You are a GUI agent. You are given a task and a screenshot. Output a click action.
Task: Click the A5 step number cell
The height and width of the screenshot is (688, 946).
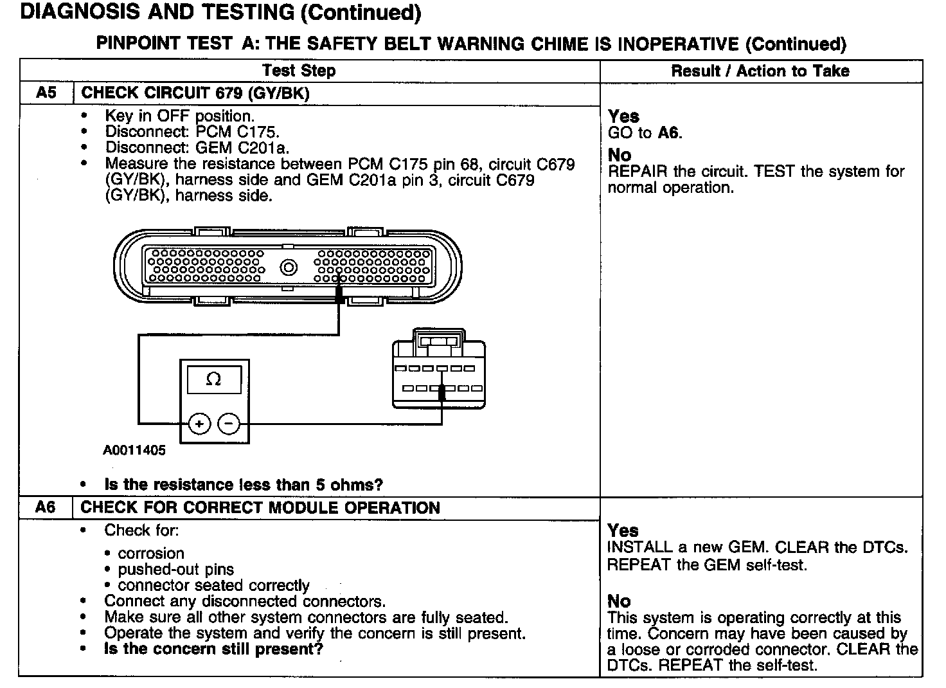(x=46, y=93)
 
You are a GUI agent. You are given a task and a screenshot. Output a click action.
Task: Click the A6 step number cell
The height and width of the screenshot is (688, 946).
(x=46, y=508)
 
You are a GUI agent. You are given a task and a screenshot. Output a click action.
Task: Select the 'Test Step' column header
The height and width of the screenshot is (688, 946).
(x=299, y=71)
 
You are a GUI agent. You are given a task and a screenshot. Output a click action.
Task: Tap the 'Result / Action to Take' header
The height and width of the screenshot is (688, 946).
(x=760, y=71)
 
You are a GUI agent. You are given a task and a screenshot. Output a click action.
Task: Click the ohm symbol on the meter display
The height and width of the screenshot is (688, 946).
(x=214, y=379)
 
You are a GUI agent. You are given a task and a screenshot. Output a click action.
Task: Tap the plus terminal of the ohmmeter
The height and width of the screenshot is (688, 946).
(x=200, y=424)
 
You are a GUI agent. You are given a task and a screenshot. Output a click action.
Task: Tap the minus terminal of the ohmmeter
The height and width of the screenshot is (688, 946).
(x=229, y=424)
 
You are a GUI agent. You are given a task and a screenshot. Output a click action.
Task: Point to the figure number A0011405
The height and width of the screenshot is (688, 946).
(x=134, y=450)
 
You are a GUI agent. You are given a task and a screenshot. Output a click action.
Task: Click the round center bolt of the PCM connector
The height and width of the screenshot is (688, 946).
(x=289, y=267)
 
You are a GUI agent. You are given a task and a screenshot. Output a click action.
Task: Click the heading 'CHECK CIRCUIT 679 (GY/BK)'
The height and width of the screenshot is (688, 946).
(x=195, y=93)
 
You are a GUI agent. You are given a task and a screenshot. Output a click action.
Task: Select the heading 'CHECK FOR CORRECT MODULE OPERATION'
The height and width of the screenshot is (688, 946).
(x=260, y=508)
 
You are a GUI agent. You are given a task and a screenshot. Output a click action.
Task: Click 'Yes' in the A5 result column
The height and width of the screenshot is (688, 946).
(x=623, y=116)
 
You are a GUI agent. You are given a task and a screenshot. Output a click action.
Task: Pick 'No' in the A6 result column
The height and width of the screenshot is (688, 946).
(x=619, y=601)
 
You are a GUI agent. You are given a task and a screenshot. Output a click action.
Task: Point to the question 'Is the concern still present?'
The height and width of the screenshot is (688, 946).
(x=213, y=649)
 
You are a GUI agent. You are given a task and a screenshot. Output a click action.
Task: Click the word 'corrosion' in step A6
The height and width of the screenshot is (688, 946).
(x=151, y=553)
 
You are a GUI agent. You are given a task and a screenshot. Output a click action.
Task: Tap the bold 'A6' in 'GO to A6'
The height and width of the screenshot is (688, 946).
(x=668, y=133)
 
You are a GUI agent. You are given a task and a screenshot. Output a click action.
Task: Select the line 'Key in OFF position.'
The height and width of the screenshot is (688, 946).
(x=180, y=116)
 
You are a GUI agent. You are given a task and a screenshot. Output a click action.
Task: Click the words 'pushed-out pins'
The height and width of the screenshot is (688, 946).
(x=175, y=569)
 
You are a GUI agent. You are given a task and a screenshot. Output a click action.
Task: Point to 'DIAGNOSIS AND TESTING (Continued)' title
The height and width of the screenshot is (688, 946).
(x=221, y=13)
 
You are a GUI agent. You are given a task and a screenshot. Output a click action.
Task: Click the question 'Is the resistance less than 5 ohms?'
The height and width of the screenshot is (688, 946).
(x=244, y=485)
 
